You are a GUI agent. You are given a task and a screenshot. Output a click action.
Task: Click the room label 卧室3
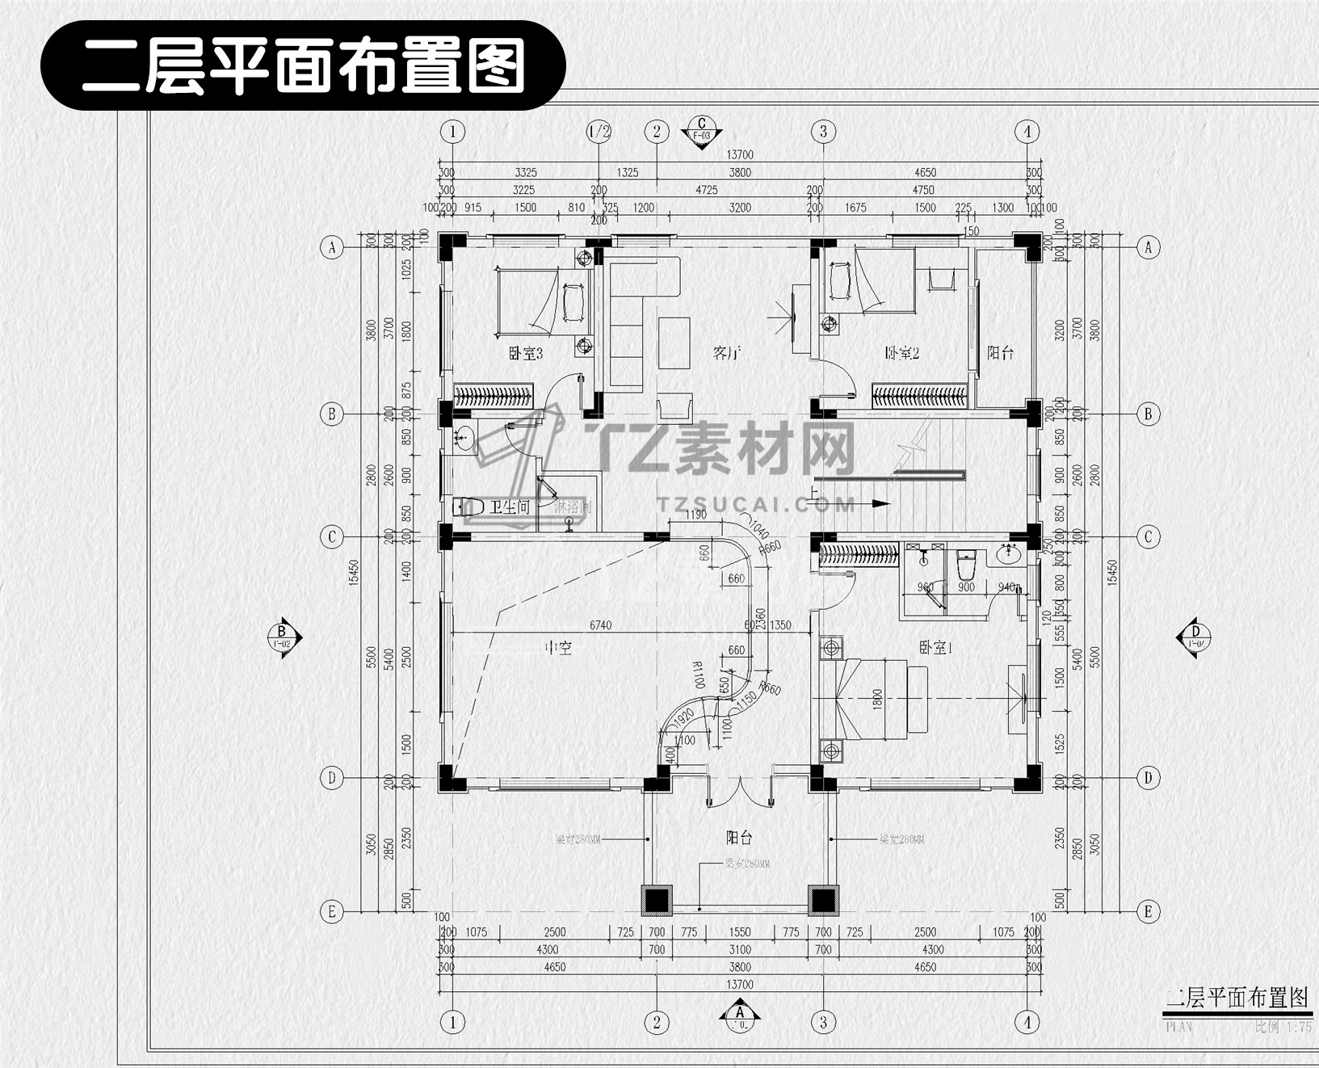tap(525, 353)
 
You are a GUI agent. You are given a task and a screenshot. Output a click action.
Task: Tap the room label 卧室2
tap(902, 353)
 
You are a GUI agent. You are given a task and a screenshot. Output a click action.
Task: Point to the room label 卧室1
tap(935, 647)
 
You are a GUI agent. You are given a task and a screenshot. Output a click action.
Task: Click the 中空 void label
tap(558, 647)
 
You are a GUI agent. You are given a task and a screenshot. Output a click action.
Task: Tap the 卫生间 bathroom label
tap(510, 507)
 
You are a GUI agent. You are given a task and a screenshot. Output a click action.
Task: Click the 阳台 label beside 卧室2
tap(1000, 353)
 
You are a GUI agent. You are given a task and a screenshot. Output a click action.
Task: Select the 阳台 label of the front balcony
tap(739, 839)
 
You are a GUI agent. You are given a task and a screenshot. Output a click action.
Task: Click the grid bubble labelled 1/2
tap(599, 132)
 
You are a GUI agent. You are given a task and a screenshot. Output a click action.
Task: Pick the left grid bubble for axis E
tap(331, 912)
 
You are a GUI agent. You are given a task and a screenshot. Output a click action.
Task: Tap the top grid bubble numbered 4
tap(1027, 132)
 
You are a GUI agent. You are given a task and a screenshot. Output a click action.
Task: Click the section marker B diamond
tap(283, 637)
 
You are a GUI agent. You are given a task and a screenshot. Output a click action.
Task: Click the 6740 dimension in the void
tap(600, 624)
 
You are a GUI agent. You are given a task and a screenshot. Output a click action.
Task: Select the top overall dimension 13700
tap(739, 154)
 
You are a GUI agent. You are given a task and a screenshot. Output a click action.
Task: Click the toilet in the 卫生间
tap(469, 507)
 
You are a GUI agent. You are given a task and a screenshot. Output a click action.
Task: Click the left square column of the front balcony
tap(657, 899)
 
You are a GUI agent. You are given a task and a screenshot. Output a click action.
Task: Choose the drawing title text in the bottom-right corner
tap(1235, 999)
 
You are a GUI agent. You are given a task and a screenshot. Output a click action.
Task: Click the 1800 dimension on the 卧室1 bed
tap(878, 699)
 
